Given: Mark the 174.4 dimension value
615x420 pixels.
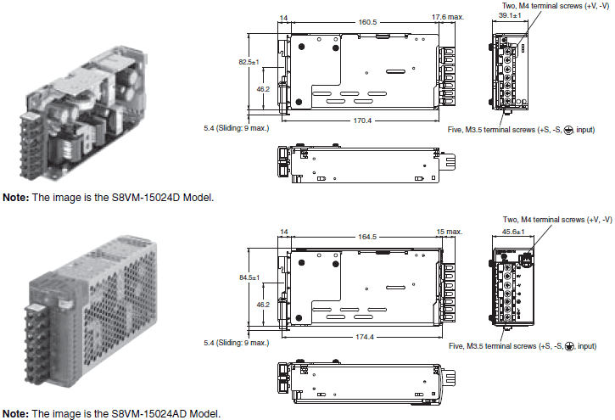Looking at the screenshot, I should point(365,336).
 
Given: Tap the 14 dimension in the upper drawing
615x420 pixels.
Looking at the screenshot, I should point(282,18).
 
